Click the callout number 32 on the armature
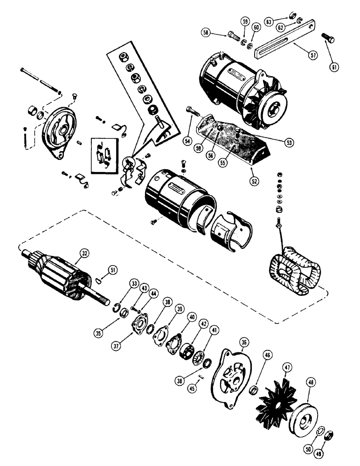[x=84, y=254]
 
